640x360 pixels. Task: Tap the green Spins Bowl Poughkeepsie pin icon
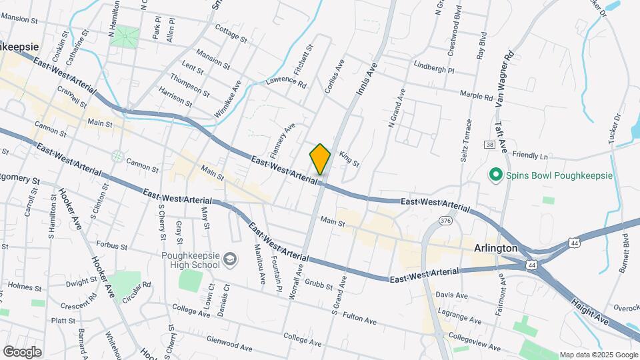495,175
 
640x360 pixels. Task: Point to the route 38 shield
490,145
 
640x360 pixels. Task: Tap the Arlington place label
495,248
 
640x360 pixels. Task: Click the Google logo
22,351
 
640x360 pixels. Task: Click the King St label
349,159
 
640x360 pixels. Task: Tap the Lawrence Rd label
285,85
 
